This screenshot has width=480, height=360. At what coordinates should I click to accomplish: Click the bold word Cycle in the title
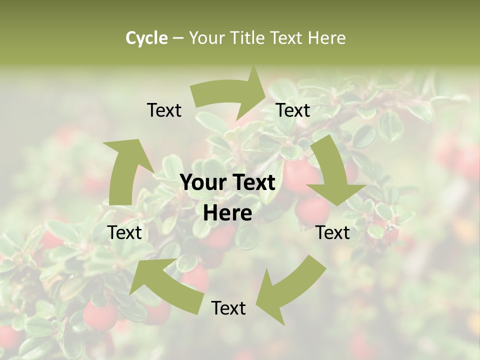[x=146, y=38]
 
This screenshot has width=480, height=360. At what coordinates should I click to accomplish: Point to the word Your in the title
[x=206, y=38]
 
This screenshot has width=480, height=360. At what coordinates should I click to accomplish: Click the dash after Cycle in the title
[x=177, y=38]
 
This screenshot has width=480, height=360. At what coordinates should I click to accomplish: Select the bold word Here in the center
[x=227, y=213]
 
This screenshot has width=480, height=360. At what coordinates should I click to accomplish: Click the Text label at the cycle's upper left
[x=164, y=110]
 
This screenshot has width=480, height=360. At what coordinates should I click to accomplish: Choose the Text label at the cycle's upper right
[x=293, y=110]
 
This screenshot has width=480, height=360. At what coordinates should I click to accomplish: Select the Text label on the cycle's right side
[x=332, y=232]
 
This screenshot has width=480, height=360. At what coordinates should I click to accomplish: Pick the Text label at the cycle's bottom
[x=228, y=308]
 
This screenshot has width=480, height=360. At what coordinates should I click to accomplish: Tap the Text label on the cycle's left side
[x=124, y=232]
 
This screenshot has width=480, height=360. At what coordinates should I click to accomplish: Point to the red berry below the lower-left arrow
[x=100, y=316]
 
